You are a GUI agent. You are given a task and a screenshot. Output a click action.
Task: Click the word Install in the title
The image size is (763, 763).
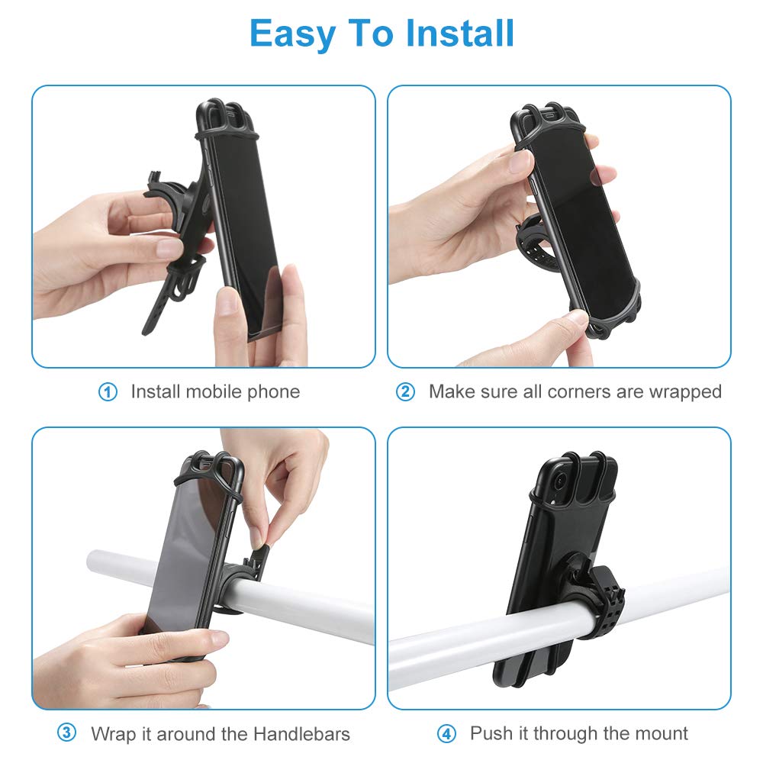(460, 34)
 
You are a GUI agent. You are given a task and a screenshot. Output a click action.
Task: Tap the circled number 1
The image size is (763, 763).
(108, 392)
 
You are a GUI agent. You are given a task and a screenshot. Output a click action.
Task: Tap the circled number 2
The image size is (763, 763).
(405, 392)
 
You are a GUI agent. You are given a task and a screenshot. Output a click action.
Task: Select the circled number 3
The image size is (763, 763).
(67, 734)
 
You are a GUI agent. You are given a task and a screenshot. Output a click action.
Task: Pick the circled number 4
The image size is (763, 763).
(446, 734)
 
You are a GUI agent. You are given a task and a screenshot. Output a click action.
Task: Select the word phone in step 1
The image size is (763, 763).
(272, 392)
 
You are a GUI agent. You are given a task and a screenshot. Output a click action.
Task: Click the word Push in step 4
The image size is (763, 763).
(490, 734)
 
